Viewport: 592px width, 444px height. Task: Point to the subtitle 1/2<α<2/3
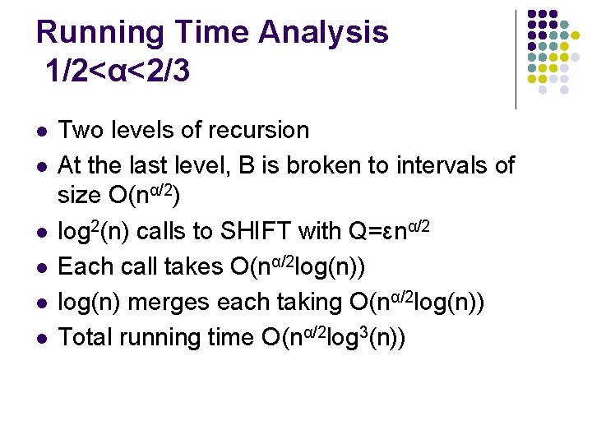pyautogui.click(x=118, y=72)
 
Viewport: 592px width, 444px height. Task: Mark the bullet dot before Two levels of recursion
pyautogui.click(x=40, y=132)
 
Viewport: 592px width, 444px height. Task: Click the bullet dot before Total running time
pyautogui.click(x=40, y=339)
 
